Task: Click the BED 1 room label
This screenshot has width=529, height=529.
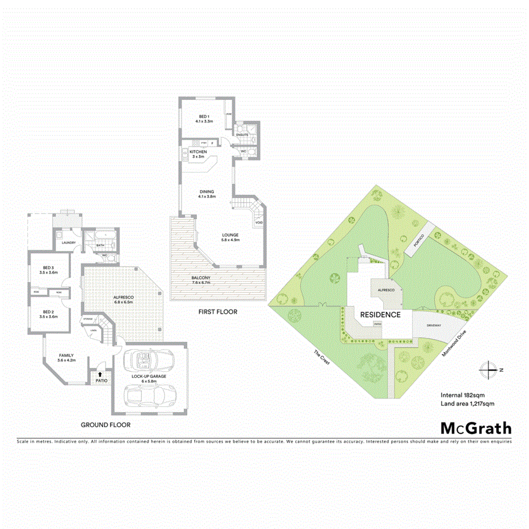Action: (x=204, y=119)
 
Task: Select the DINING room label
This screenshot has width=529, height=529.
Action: (x=206, y=194)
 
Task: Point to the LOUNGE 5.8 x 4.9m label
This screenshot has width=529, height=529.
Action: (x=230, y=237)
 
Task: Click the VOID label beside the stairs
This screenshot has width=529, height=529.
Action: (x=259, y=222)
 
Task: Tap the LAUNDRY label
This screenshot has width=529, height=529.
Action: (x=68, y=243)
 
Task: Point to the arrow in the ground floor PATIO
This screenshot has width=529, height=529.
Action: (x=100, y=374)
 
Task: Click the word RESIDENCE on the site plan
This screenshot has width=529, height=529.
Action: (x=379, y=314)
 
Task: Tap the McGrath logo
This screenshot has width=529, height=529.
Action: (x=476, y=428)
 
